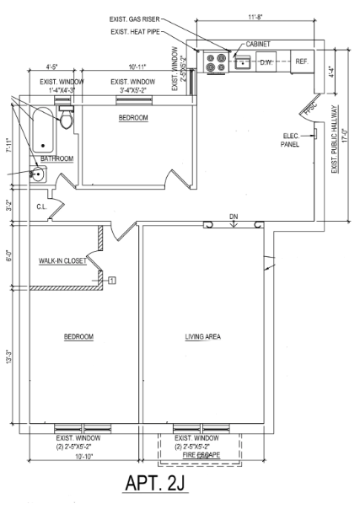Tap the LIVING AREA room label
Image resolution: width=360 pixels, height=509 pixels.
pos(202,336)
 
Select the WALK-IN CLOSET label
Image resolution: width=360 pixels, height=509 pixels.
pos(62,261)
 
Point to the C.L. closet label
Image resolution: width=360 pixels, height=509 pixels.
pos(40,206)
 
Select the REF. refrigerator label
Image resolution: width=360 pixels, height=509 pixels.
pos(301,62)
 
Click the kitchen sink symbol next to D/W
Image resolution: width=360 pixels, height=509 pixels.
pos(242,62)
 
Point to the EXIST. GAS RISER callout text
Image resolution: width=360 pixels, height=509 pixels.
pos(136,19)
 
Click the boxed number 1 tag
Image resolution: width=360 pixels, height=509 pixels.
pos(110,279)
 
